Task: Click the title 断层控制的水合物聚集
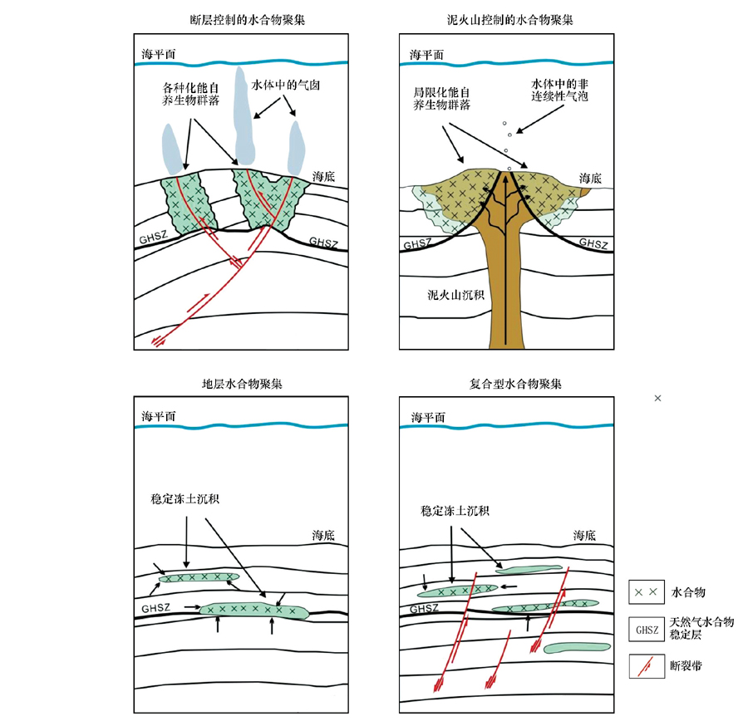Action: point(247,18)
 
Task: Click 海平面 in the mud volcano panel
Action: point(427,55)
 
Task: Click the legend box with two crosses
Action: point(646,592)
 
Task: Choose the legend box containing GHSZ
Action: point(646,629)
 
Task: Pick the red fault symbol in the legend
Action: point(646,665)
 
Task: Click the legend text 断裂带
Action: point(686,665)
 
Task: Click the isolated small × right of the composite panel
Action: point(657,399)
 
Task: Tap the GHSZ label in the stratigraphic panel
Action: point(155,609)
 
